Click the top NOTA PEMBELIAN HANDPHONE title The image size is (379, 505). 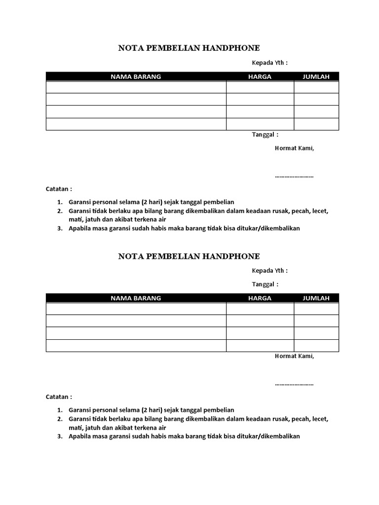(x=189, y=48)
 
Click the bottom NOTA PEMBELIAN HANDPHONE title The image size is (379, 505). (x=189, y=256)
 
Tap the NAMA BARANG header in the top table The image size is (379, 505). (x=136, y=76)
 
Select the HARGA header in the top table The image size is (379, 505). (x=260, y=76)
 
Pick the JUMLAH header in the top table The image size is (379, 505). (x=316, y=76)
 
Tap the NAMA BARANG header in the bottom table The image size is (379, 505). (x=136, y=298)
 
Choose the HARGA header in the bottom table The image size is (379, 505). (x=260, y=298)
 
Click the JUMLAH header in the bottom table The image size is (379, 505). (x=316, y=298)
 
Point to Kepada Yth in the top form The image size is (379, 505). (x=269, y=63)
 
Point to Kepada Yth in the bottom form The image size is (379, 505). (x=269, y=270)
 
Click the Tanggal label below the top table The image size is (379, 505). (x=265, y=134)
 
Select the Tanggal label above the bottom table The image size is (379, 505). (x=265, y=284)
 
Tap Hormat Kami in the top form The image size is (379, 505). (x=294, y=148)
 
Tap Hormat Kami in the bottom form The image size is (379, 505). (x=294, y=356)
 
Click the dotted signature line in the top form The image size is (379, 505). (x=294, y=176)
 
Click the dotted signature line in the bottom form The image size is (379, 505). (x=294, y=384)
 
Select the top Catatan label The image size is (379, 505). (x=59, y=189)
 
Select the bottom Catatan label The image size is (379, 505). (x=59, y=397)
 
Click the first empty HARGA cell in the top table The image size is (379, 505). (x=260, y=87)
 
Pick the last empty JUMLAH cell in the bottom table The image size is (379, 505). (x=316, y=346)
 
